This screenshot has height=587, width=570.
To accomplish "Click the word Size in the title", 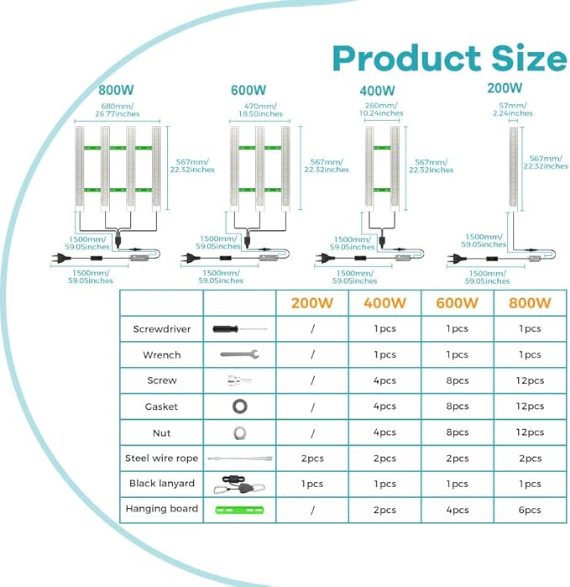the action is (x=530, y=59).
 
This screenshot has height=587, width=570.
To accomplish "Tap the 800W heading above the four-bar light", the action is (x=116, y=90).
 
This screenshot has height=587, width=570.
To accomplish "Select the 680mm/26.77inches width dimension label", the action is (x=118, y=110).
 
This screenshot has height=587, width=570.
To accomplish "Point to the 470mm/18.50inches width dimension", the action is (x=260, y=110).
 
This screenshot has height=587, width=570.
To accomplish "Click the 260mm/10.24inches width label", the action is (x=381, y=109).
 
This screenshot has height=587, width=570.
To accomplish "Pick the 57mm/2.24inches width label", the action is (x=513, y=109).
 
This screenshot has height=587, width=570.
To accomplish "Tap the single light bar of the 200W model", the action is (x=514, y=169).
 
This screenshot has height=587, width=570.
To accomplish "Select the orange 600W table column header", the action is (x=457, y=303).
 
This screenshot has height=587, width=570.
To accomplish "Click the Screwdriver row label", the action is (x=162, y=329).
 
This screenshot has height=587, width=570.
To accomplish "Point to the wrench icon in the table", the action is (x=239, y=354).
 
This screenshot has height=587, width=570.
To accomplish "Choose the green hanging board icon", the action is (x=239, y=510).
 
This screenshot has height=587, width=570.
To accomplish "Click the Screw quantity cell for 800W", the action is (x=530, y=380).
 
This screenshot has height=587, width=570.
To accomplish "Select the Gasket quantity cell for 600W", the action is (x=458, y=406).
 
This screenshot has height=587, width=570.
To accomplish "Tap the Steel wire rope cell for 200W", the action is (x=312, y=459).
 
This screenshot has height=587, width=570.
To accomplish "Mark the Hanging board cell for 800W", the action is (x=530, y=510).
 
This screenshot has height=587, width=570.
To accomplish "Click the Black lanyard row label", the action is (x=162, y=484).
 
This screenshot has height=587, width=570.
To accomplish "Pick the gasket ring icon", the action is (x=239, y=406).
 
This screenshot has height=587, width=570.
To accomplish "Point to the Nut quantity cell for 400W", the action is (x=384, y=432).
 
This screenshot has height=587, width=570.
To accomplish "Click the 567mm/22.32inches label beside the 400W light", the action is (x=431, y=166).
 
